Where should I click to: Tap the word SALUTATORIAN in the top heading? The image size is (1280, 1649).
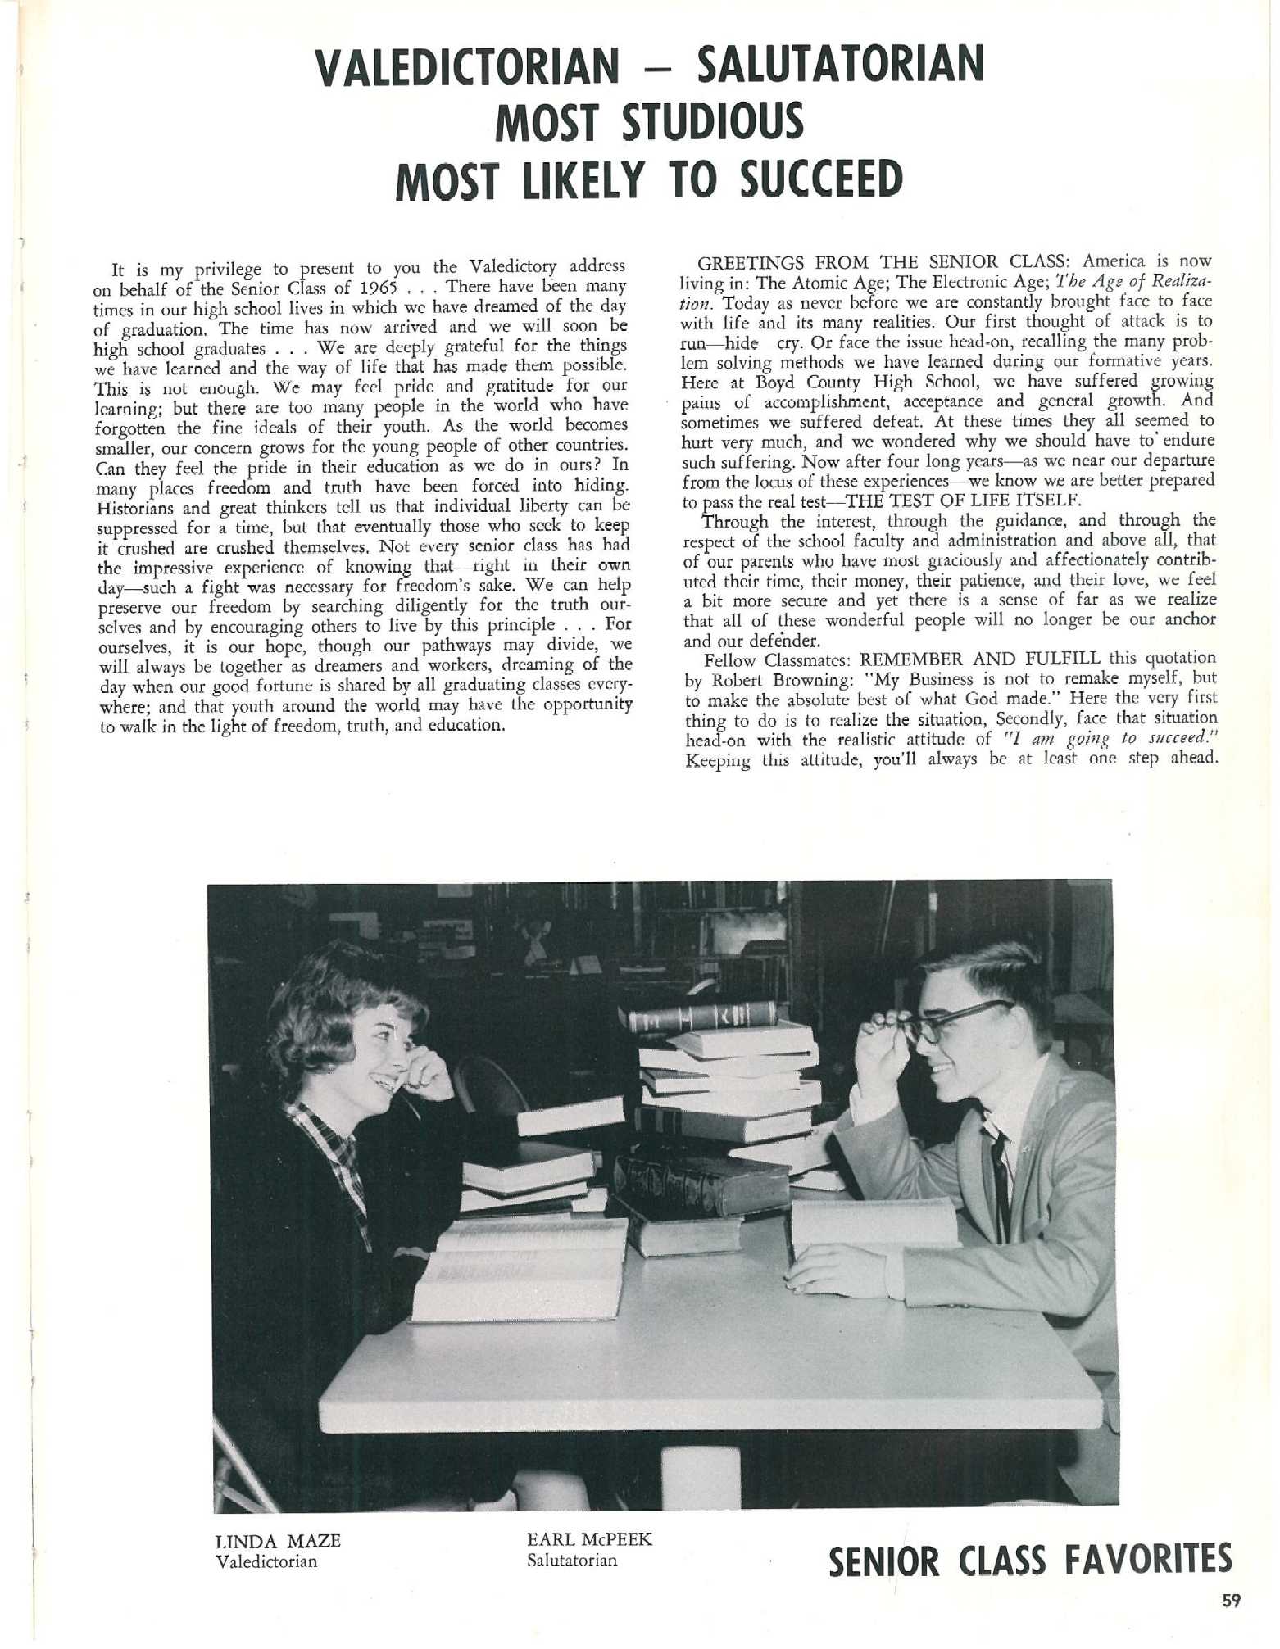[x=839, y=65]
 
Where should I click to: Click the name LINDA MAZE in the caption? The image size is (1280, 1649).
[x=277, y=1541]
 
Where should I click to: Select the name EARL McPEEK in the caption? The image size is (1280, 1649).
[x=589, y=1539]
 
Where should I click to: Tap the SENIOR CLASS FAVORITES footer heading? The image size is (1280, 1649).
[x=1030, y=1561]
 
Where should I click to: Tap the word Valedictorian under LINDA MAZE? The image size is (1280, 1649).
[x=265, y=1561]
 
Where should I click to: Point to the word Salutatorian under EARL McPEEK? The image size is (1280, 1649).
[x=572, y=1560]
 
